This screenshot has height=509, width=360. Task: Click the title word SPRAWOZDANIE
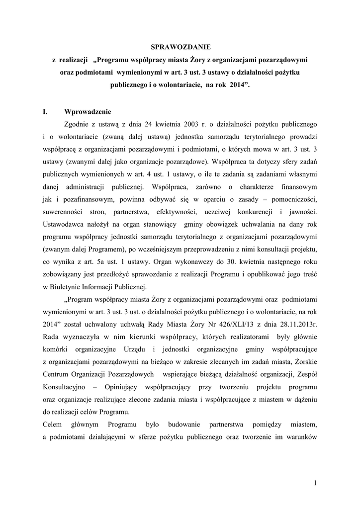(x=181, y=47)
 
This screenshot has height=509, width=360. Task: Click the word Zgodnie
(x=80, y=123)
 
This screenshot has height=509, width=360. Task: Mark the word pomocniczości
(x=291, y=199)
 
